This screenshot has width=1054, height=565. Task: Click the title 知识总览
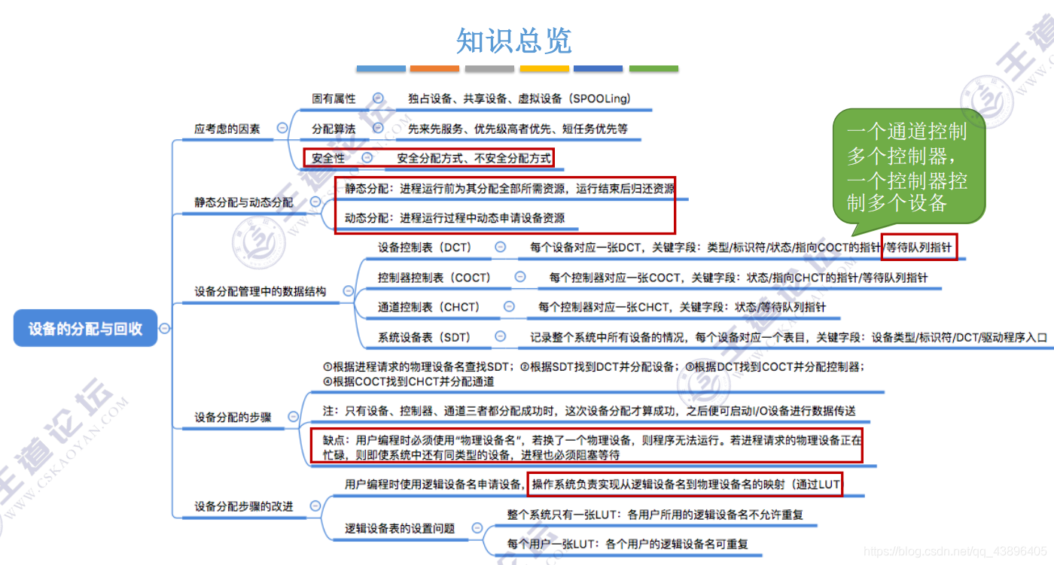pos(514,41)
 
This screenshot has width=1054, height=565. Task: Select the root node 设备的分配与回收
pos(85,328)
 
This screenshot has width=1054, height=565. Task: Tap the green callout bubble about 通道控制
pos(907,168)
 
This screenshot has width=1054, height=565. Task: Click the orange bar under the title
pos(434,68)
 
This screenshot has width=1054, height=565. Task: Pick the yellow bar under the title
pos(544,68)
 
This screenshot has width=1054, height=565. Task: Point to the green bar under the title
pos(653,68)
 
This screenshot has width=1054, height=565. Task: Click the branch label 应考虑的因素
pos(227,129)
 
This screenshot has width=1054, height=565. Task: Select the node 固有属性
pos(334,99)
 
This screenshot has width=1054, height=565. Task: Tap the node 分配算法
pos(334,129)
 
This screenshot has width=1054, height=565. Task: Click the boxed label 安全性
pos(328,158)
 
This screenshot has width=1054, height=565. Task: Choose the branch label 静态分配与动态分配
pos(244,202)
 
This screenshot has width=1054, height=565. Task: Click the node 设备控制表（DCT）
pos(424,247)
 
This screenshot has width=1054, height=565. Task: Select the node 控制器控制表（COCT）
pos(434,278)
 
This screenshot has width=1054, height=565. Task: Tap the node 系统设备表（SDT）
pos(424,337)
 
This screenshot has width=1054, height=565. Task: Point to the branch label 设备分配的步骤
pos(233,417)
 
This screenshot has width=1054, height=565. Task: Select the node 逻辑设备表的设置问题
pos(400,528)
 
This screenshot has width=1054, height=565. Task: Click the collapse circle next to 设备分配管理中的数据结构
pos(348,290)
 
